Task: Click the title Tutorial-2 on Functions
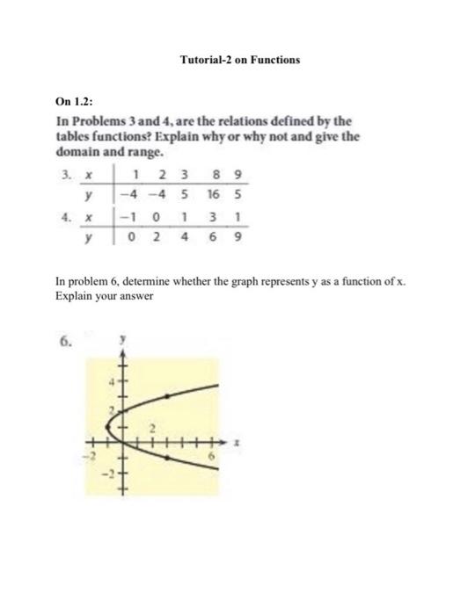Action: point(239,60)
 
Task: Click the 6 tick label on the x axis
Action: point(212,457)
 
